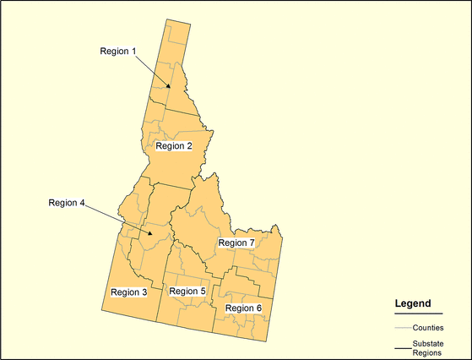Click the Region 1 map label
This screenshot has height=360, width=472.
coord(118,51)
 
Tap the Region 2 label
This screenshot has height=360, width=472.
coord(174,146)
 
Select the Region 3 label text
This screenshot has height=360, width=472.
coord(129,292)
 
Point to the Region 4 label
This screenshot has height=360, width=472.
coord(67,202)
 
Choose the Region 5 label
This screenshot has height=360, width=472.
coord(187,292)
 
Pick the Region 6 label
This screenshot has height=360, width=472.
coord(243,308)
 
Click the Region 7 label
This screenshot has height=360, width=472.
coord(236,243)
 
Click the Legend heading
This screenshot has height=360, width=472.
coord(413,303)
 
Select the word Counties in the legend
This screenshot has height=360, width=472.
coord(429,327)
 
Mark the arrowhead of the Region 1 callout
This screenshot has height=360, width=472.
coord(170,86)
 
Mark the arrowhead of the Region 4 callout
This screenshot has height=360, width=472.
coord(150,233)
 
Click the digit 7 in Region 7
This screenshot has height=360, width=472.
coord(252,243)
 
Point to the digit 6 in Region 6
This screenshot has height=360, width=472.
coord(258,308)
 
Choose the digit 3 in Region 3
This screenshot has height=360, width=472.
coord(144,292)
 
